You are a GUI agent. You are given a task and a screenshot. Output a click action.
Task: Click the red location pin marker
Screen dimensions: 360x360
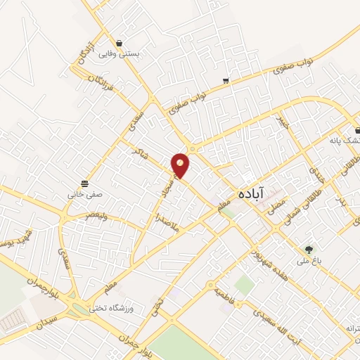coord(181,165)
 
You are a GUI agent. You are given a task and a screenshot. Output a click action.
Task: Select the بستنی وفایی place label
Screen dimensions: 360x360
coord(119,54)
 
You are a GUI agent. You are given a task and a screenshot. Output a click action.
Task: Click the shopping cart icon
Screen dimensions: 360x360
coord(225,81)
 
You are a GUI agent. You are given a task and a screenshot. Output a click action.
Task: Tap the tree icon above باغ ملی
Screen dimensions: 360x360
coord(309,249)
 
